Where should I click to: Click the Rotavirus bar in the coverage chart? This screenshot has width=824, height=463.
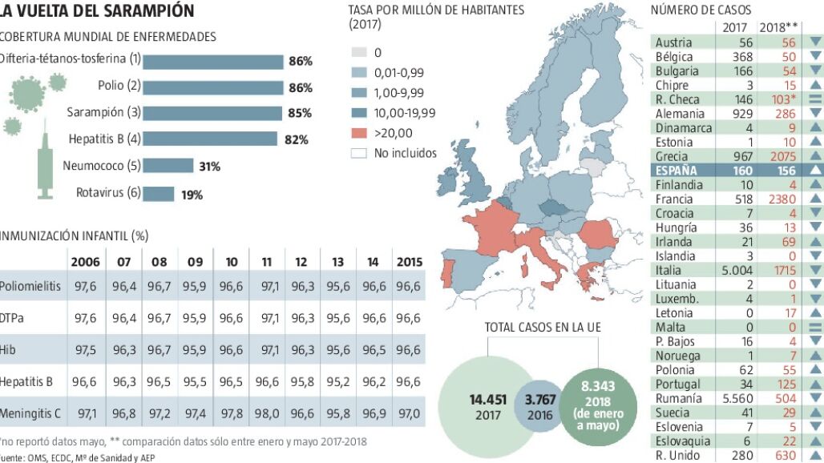(158, 194)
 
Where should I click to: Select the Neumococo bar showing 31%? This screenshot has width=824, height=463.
(168, 166)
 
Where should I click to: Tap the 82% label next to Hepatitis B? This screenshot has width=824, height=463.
(297, 139)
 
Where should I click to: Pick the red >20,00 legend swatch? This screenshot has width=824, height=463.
(359, 133)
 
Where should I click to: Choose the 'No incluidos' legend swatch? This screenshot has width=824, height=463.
(359, 153)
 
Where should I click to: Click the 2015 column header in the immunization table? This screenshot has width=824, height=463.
(410, 261)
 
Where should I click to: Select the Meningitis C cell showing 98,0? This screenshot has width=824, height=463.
(267, 413)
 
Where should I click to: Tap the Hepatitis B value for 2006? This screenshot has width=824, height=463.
(86, 381)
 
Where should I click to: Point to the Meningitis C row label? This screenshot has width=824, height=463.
(30, 413)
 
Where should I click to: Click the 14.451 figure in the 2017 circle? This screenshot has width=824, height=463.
(488, 400)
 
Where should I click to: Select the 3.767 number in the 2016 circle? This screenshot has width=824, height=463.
(540, 400)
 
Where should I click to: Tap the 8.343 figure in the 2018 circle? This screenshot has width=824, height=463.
(598, 386)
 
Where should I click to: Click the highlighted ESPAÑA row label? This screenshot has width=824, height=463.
(677, 171)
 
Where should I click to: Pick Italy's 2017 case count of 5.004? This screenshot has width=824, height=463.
(737, 270)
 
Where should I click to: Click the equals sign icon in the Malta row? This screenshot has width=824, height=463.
(816, 327)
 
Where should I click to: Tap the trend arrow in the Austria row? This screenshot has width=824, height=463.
(816, 42)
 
